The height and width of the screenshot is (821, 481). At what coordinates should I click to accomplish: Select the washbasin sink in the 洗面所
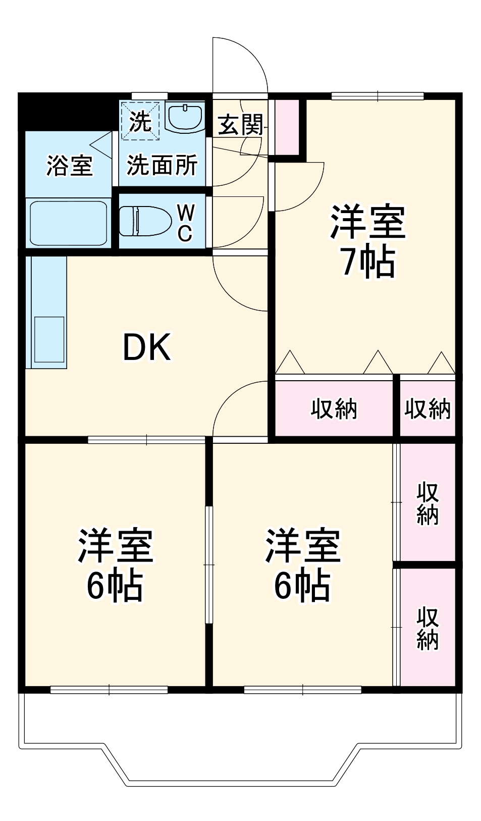184,118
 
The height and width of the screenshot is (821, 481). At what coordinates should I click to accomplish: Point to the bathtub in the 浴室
68,223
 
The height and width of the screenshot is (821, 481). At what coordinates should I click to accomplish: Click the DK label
147,347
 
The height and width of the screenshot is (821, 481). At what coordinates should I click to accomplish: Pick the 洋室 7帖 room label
368,241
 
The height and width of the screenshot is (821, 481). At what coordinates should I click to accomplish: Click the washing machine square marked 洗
140,120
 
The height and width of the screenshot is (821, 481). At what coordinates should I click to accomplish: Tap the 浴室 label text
70,165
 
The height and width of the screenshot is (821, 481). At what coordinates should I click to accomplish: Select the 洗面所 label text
162,165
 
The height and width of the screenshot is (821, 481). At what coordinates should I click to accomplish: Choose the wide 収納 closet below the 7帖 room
334,408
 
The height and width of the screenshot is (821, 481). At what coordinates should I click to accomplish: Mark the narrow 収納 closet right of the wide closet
427,408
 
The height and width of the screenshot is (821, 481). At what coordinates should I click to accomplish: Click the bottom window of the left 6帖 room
109,689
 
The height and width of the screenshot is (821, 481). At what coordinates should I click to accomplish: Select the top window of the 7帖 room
378,95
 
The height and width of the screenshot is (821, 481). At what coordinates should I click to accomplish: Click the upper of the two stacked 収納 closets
427,503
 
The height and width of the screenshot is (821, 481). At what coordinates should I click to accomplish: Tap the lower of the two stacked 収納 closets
427,627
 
